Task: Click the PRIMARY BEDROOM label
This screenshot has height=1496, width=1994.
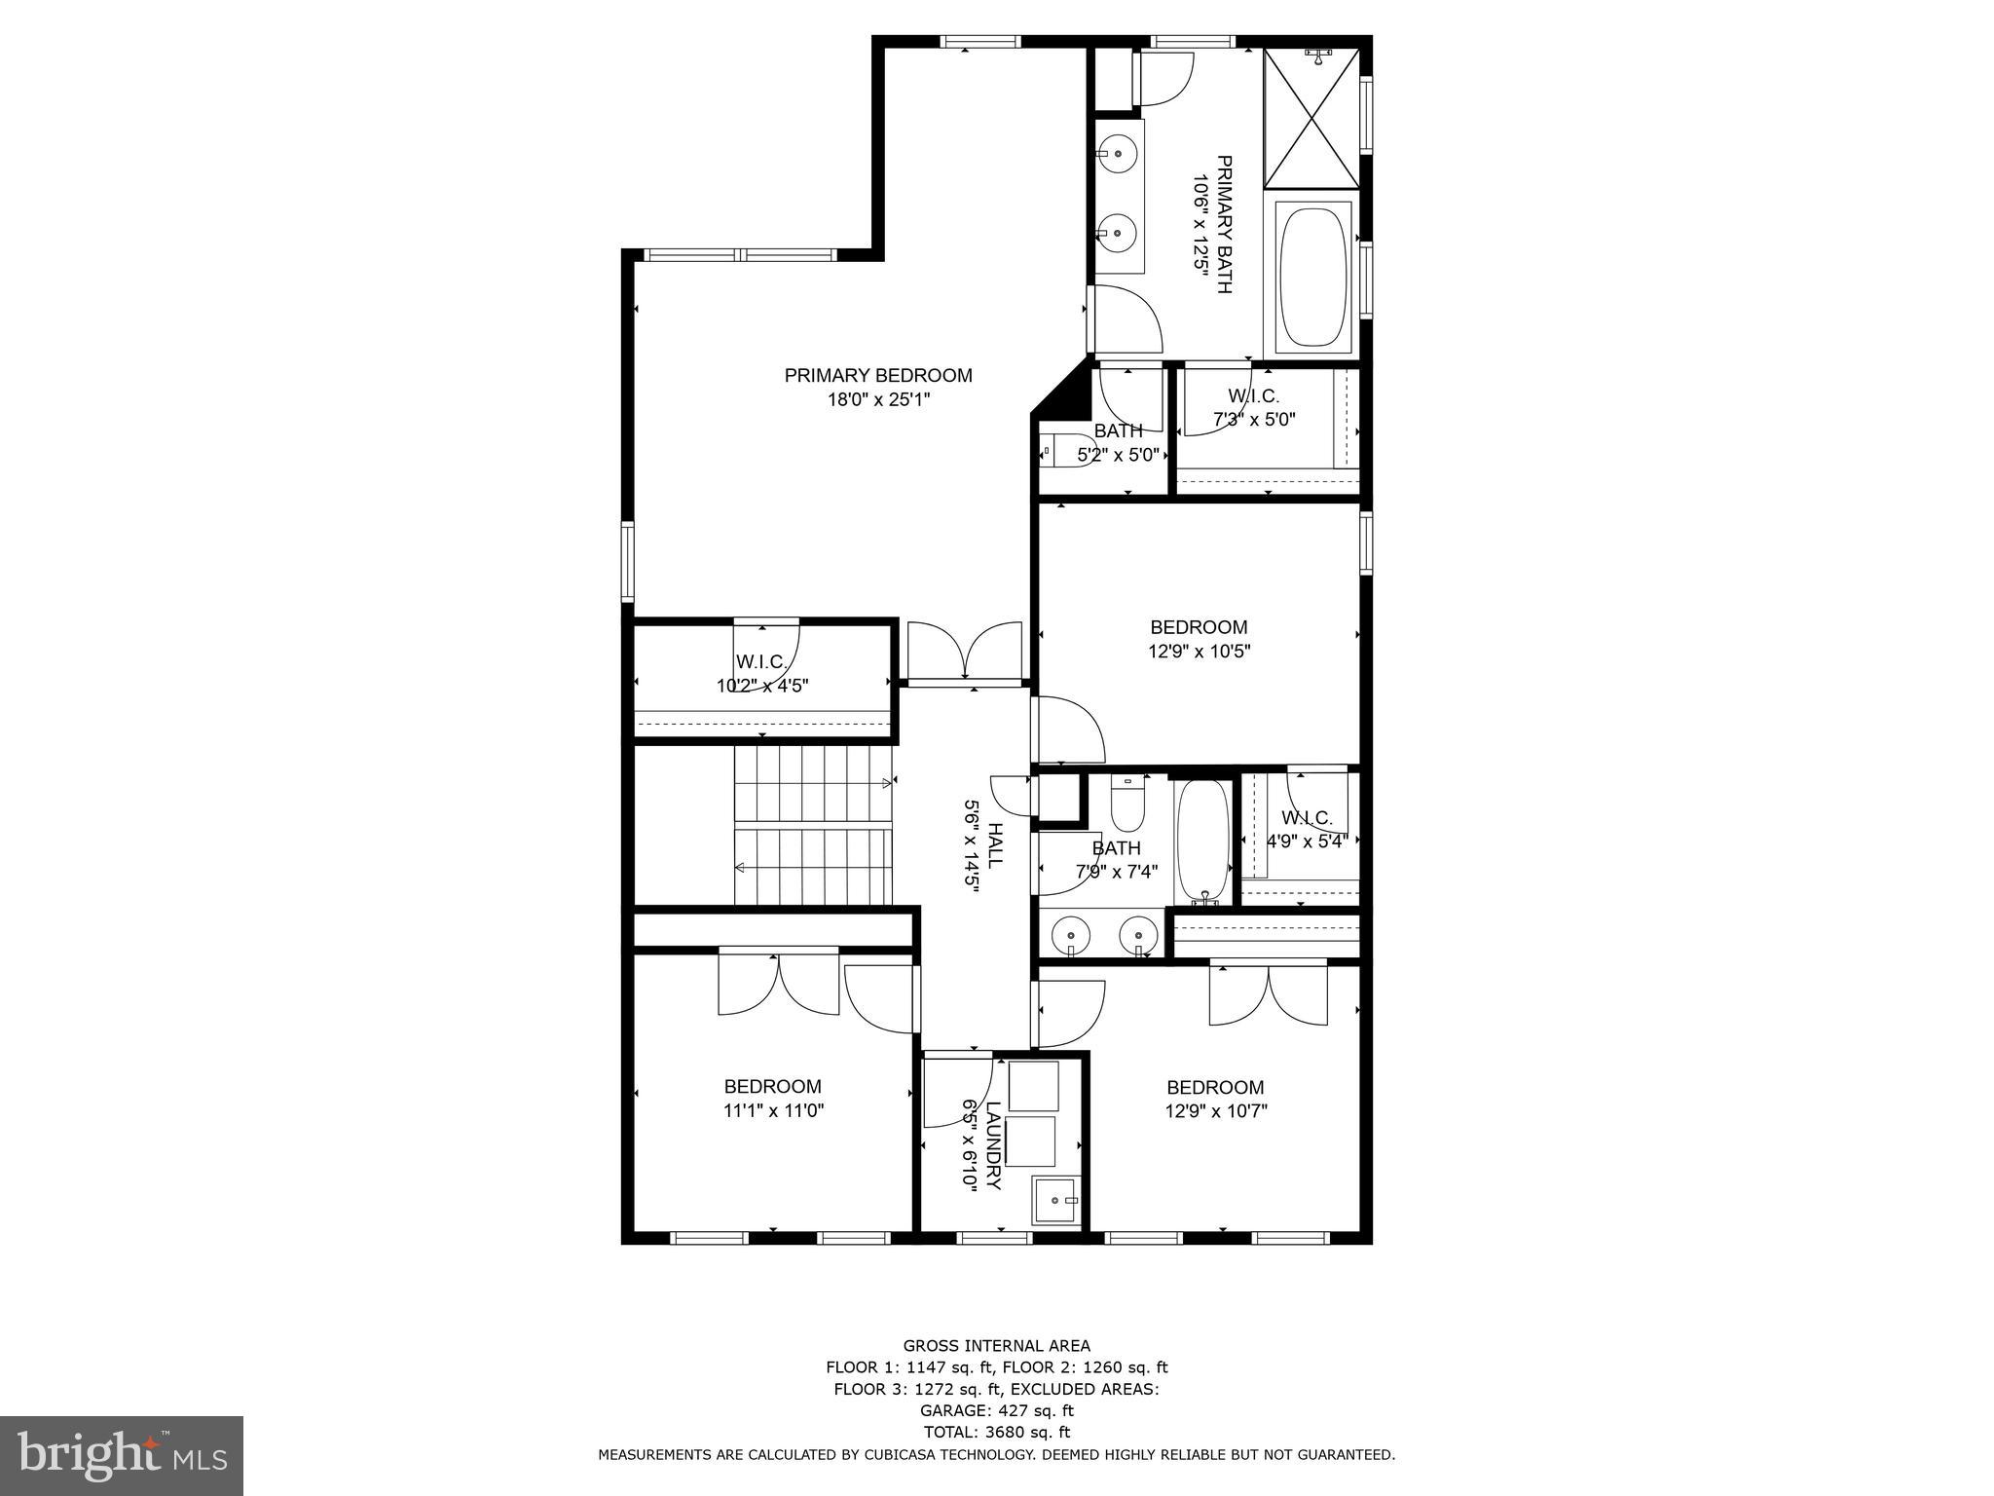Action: coord(878,375)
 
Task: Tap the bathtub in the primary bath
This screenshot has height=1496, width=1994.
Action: coord(1313,277)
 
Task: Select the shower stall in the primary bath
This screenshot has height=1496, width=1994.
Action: coord(1311,118)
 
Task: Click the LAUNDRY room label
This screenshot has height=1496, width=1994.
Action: coord(993,1145)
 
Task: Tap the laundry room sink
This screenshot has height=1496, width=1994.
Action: coord(1055,1201)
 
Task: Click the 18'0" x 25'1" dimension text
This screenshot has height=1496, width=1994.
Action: coord(878,399)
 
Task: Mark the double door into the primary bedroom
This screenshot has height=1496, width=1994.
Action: coord(964,650)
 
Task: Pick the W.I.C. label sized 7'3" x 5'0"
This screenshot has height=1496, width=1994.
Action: coord(1253,396)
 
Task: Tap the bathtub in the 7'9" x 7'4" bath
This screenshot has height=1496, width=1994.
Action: coord(1202,840)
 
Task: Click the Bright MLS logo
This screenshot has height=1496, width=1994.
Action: coord(122,1455)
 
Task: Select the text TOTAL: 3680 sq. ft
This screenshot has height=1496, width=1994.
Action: coord(996,1432)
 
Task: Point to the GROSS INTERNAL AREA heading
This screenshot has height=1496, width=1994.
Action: coord(996,1346)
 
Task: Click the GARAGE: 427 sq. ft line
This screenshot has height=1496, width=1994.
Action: coord(996,1410)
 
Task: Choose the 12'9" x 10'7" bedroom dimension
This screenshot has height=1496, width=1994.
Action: coord(1215,1110)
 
